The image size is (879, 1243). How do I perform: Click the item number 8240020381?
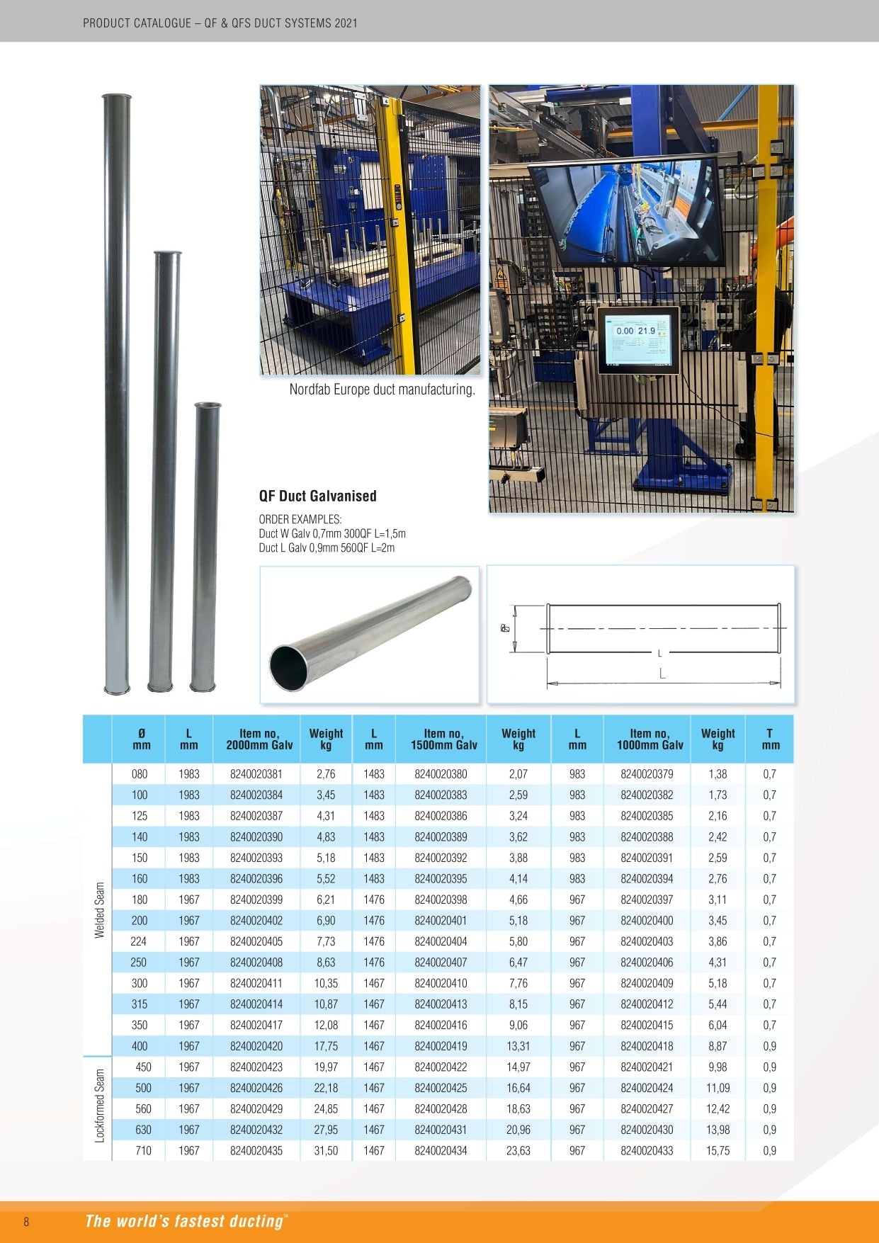256,774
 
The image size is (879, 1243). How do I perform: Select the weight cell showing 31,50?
326,1151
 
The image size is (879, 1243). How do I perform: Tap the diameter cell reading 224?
139,941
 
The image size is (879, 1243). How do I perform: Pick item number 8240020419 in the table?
441,1046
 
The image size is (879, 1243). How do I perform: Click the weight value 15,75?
718,1151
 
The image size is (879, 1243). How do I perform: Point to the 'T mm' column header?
770,739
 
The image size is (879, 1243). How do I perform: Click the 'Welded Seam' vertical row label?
100,910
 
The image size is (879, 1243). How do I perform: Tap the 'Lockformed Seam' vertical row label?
100,1106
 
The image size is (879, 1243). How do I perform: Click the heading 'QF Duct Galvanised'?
317,496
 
